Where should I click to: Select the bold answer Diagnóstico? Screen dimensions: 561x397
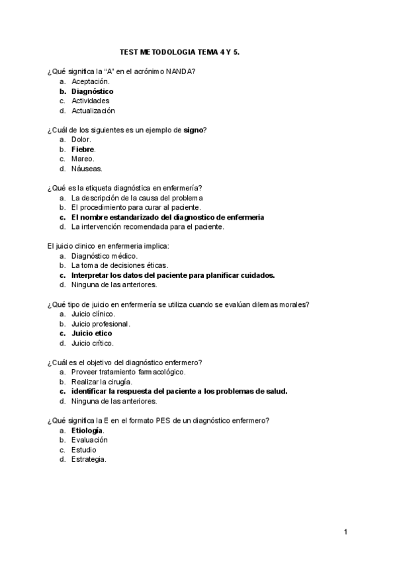92,91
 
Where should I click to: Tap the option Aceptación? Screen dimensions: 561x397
90,81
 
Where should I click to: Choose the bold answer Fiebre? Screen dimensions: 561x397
83,149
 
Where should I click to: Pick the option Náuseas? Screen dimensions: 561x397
86,168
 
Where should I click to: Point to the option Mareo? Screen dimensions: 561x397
83,159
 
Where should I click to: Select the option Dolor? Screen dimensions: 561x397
81,140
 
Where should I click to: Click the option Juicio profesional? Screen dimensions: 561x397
101,324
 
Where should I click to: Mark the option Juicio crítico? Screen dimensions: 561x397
92,343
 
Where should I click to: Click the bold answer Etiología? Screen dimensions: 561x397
87,430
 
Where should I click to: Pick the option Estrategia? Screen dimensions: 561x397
89,459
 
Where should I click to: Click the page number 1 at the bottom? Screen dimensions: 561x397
345,531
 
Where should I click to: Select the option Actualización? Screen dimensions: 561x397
93,110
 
